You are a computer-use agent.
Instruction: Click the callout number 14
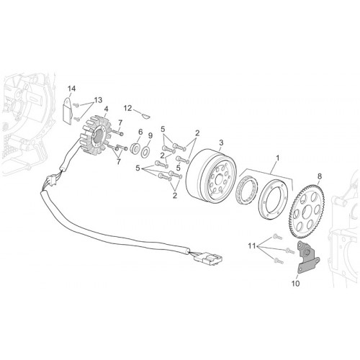[71, 89]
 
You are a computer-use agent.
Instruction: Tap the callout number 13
[98, 100]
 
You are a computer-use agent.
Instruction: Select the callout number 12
[128, 108]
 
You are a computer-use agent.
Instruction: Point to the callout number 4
[106, 109]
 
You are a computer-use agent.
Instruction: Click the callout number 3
[221, 143]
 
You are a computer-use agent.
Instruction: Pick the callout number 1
[278, 158]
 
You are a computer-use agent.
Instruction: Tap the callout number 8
[320, 176]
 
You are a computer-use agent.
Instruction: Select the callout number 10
[296, 284]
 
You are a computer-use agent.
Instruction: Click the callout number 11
[252, 246]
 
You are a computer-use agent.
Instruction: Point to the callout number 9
[150, 136]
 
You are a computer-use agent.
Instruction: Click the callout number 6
[140, 132]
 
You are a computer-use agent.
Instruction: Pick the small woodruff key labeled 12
[145, 117]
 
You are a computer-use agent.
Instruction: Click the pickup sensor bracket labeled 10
[308, 257]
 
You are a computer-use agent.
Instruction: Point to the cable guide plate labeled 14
[67, 111]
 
